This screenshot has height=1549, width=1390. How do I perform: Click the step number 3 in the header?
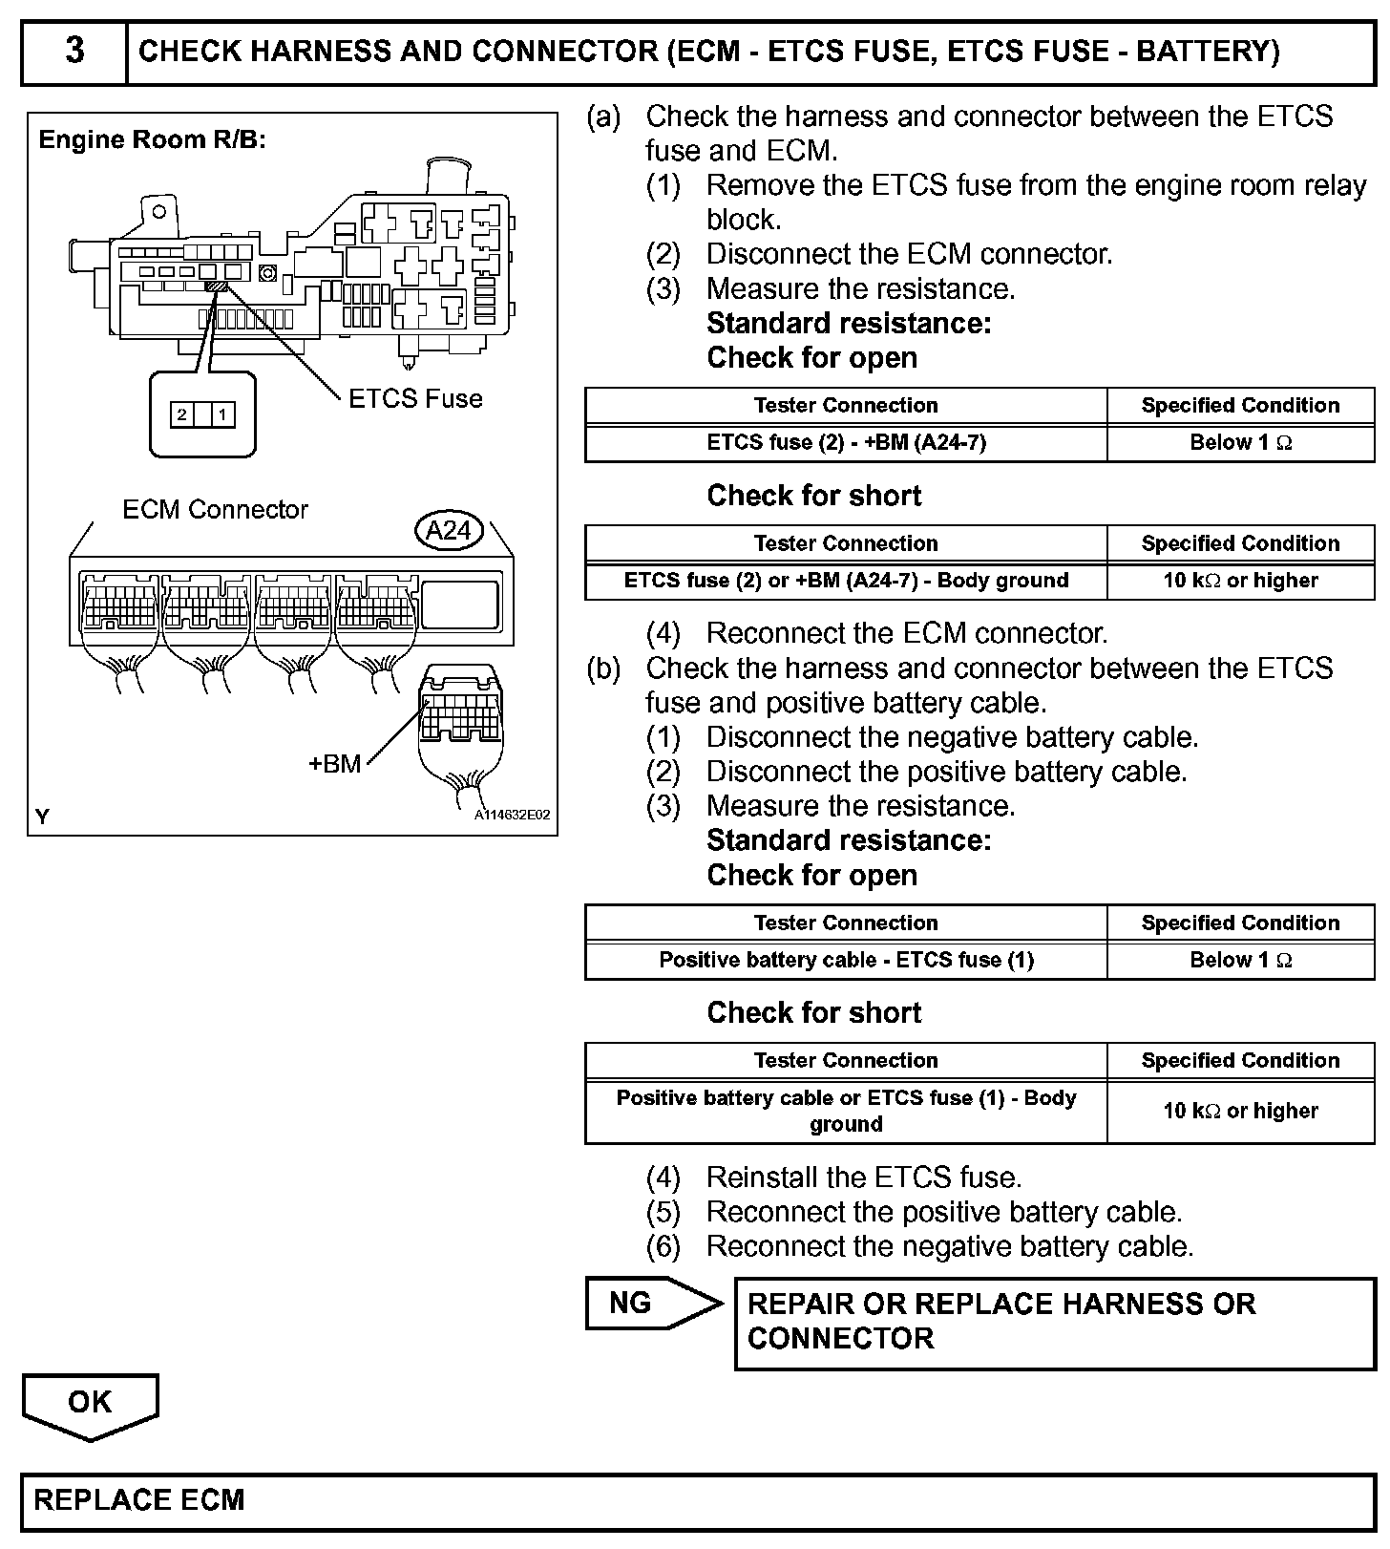point(74,51)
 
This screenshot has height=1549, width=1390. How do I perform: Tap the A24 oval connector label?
point(449,530)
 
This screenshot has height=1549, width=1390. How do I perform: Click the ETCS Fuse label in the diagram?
point(415,398)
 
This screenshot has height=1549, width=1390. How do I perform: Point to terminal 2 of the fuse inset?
point(181,414)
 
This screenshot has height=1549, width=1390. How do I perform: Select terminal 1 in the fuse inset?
point(222,414)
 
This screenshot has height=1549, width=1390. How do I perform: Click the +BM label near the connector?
point(335,764)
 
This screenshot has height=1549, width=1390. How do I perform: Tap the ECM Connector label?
point(215,510)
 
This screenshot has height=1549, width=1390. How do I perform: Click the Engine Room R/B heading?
point(152,140)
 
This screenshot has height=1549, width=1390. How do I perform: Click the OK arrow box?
point(90,1403)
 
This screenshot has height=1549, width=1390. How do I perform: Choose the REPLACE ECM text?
point(139,1500)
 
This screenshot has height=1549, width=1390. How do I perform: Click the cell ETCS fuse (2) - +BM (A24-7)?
point(846,443)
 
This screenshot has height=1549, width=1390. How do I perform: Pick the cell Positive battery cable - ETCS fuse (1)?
point(846,961)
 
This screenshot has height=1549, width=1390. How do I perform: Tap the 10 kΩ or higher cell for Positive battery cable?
point(1240,1111)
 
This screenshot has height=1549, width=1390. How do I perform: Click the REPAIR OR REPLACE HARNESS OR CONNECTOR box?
point(1055,1323)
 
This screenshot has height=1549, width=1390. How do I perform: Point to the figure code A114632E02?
point(512,816)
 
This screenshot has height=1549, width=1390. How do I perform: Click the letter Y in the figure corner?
point(42,817)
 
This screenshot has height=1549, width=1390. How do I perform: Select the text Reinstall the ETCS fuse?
point(863,1178)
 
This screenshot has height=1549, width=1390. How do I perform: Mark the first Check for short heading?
point(814,496)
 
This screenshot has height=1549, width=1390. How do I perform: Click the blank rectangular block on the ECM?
point(460,605)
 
